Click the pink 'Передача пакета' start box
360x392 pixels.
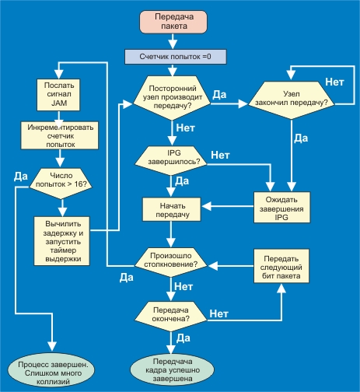[173, 22]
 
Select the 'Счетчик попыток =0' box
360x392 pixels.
[176, 57]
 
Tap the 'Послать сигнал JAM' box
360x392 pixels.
[58, 95]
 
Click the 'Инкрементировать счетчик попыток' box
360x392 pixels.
[60, 135]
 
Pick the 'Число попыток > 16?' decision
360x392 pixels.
[61, 184]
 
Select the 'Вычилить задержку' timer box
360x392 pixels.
[62, 241]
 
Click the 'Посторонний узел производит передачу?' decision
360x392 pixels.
[172, 97]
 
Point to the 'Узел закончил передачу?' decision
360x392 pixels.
[292, 100]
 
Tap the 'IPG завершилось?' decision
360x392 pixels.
[171, 160]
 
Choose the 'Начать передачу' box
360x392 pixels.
[172, 209]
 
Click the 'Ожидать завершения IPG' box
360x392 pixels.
[281, 208]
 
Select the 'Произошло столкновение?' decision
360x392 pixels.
[171, 262]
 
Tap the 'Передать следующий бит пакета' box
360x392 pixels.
[281, 266]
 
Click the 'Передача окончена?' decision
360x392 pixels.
[171, 316]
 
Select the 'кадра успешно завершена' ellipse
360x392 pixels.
[173, 369]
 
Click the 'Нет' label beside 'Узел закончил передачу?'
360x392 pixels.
[334, 82]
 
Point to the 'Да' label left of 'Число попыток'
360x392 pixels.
[21, 177]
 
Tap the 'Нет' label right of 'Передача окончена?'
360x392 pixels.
[219, 313]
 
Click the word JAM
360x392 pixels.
[59, 103]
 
